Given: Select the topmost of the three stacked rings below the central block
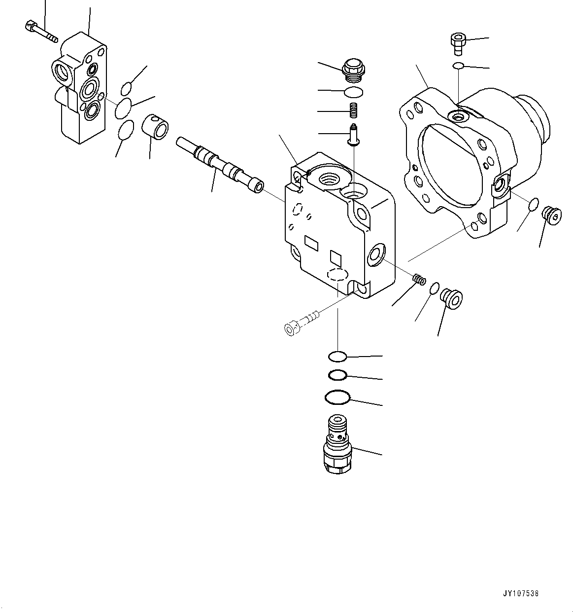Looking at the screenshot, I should click(337, 356).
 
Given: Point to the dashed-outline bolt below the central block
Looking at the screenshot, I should click(301, 322).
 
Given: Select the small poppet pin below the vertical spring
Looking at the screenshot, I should click(353, 136).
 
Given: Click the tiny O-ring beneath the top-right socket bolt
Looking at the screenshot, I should click(458, 66).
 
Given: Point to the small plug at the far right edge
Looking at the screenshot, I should click(551, 216).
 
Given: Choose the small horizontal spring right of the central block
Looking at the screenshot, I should click(419, 280).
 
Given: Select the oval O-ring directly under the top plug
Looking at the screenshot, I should click(353, 92).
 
